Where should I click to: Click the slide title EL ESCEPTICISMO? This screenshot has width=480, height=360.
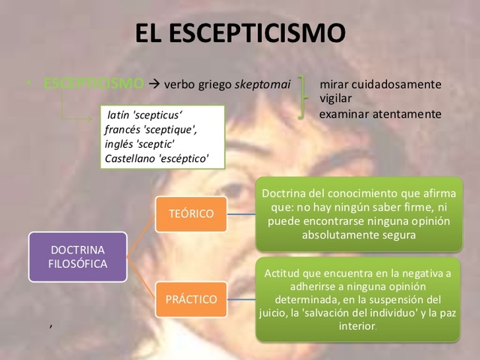click(x=240, y=34)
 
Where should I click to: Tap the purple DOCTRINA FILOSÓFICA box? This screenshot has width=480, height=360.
click(x=78, y=256)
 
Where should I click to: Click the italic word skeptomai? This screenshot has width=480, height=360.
click(x=262, y=84)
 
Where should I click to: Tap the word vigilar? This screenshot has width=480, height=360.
click(x=336, y=98)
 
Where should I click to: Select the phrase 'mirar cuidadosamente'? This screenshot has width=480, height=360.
click(x=380, y=84)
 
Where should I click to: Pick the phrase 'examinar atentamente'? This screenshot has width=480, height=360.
click(x=380, y=114)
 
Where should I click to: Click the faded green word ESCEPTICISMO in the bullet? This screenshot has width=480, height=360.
click(x=94, y=83)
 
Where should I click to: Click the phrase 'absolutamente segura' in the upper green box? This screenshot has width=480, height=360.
click(x=359, y=234)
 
